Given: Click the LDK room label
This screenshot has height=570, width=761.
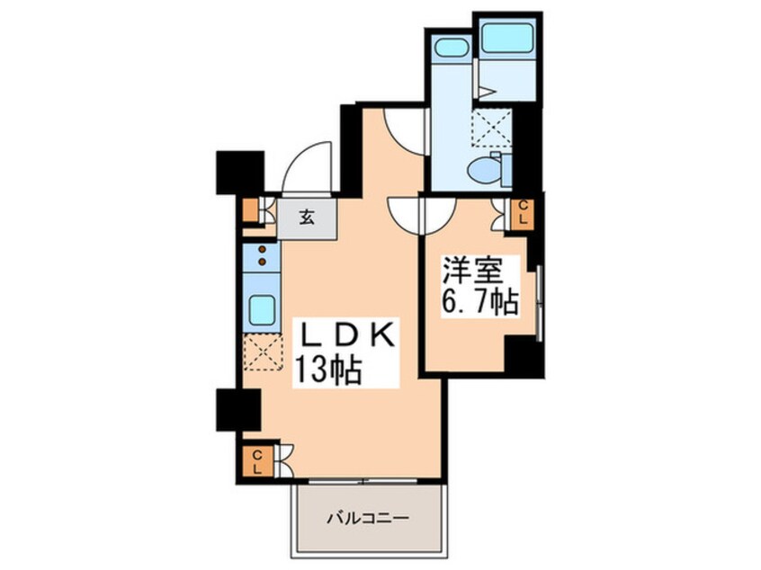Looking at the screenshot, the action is coord(348,336).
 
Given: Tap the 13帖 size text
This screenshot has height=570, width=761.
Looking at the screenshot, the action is coord(328,370).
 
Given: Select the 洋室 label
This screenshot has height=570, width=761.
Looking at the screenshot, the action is coord(471,272).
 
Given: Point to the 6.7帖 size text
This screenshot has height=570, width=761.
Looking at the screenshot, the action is coord(479,302).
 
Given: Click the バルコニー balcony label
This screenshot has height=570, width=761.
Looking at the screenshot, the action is coord(367,519).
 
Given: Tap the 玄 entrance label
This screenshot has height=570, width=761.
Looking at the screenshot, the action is coord(306,217).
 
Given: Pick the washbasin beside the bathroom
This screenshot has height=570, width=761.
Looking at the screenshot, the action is coord(451,48).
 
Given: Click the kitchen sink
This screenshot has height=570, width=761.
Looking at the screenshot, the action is coord(262,310).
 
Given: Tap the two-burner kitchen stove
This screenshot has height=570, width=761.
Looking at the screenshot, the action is coord(262,256).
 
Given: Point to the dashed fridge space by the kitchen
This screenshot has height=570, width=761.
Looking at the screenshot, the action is coord(263,352).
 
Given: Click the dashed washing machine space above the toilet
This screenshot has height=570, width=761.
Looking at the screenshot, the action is coord(492,126).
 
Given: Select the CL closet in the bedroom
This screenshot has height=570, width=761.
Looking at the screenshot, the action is coord(523,213).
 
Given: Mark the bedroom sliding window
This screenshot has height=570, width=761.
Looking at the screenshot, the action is coord(539,303).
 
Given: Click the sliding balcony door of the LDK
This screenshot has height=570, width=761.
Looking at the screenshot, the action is coord(363,481).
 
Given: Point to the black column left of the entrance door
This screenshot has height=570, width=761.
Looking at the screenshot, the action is coord(240,173).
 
